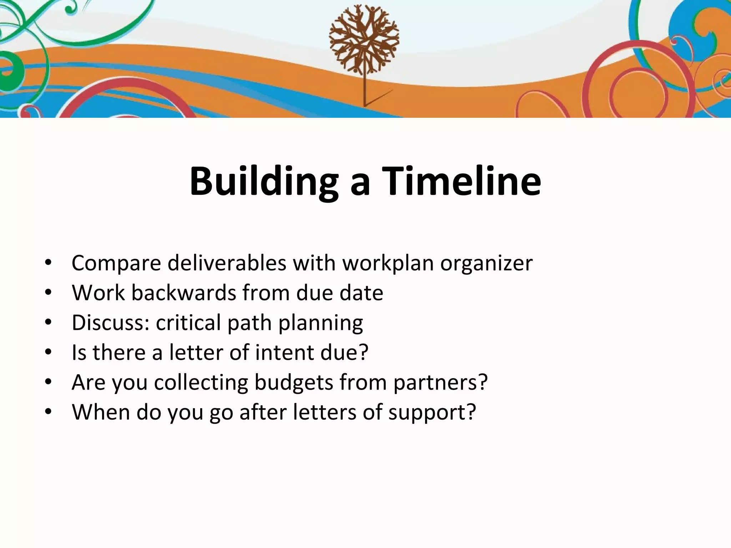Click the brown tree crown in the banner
(x=364, y=39)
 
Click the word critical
(x=188, y=323)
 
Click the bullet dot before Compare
(x=49, y=263)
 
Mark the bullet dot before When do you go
(x=49, y=412)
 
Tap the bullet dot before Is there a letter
(x=49, y=352)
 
